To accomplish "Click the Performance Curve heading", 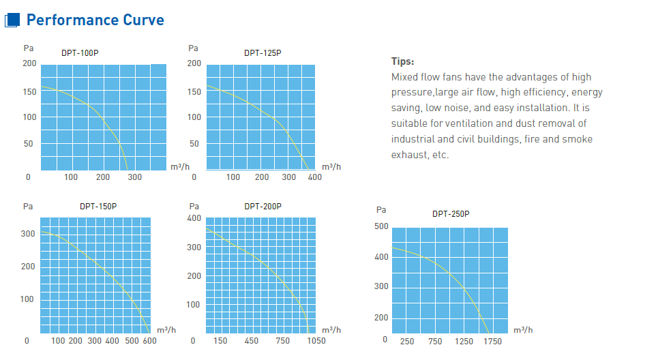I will [95, 20].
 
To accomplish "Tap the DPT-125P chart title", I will [263, 52].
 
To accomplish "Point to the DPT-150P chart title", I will [98, 206].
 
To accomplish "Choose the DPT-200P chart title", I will [263, 206].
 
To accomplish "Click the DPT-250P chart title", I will [451, 213].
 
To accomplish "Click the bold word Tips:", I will [402, 61].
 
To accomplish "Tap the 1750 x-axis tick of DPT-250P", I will [492, 341].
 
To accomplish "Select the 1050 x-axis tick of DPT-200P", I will [315, 340].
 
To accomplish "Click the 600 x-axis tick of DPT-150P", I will [149, 340].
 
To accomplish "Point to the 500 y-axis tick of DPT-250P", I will [381, 226].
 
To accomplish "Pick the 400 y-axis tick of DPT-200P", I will [194, 218].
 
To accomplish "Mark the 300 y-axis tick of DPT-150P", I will [28, 233].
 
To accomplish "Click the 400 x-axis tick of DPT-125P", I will [314, 177].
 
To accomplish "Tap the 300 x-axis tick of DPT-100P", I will [135, 177].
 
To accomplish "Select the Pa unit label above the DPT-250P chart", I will [381, 210].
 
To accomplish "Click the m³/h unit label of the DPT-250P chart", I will [523, 330].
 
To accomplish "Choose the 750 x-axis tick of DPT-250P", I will [435, 341].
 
